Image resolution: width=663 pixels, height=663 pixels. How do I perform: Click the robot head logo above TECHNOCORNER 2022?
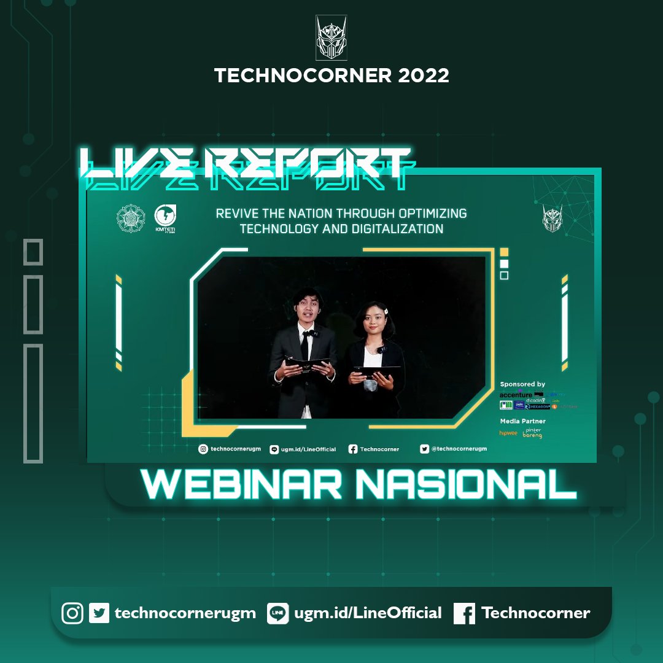click(x=331, y=37)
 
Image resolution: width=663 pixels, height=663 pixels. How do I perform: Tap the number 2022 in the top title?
click(x=423, y=76)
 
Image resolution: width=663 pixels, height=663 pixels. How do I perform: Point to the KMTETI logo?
click(x=166, y=218)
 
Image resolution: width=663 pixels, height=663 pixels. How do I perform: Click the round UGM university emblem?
click(x=131, y=219)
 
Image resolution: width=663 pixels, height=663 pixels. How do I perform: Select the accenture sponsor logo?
click(x=516, y=394)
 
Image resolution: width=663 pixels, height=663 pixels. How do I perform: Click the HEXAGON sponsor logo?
click(x=538, y=406)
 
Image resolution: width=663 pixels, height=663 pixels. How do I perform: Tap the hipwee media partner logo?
click(x=508, y=433)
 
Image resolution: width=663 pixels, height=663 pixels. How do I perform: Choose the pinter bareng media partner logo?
click(x=532, y=433)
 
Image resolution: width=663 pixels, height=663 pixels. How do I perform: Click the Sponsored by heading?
click(x=522, y=384)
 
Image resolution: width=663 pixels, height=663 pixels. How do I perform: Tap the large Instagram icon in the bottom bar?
click(x=72, y=613)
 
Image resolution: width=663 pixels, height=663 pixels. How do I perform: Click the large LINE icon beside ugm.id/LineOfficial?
click(x=277, y=613)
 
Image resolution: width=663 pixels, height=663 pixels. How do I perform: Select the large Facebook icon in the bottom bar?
click(x=464, y=613)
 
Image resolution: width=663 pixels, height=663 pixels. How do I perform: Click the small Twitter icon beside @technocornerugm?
click(x=424, y=449)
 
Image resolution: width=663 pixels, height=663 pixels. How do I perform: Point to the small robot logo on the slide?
click(x=552, y=218)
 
